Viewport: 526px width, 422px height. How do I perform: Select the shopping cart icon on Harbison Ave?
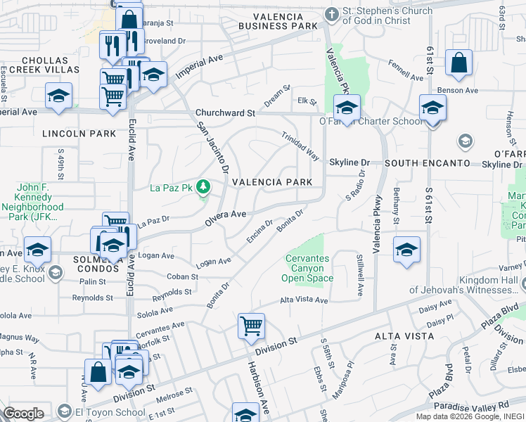251,326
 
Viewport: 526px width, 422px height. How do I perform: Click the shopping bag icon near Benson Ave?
458,63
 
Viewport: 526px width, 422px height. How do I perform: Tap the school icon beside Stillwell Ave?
406,250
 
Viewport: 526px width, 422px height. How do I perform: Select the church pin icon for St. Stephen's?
331,13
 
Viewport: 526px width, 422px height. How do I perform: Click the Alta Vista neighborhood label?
402,337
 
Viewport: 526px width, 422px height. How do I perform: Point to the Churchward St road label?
225,113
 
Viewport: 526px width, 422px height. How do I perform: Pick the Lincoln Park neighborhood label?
69,133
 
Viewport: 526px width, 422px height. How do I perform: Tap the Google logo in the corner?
23,413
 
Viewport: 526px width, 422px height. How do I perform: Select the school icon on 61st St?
432,108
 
